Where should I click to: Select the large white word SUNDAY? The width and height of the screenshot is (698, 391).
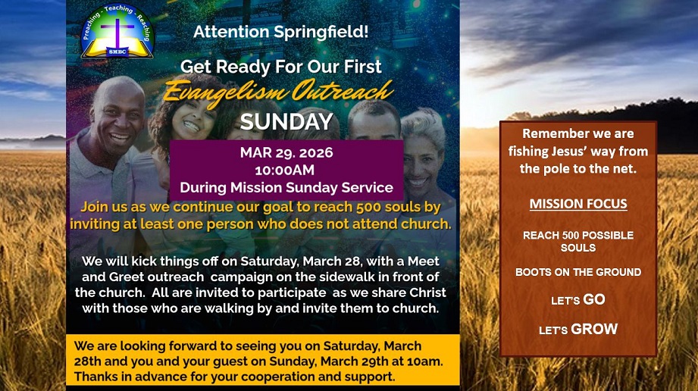point(286,121)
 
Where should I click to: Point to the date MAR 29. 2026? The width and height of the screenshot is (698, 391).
point(286,153)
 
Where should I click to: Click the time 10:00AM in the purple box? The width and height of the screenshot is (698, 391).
point(286,170)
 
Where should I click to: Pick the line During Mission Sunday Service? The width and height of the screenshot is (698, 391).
point(286,187)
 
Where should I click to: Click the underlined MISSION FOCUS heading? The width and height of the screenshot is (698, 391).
point(577,204)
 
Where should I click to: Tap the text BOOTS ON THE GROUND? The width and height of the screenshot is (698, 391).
point(577,272)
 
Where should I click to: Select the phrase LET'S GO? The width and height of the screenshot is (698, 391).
point(577,300)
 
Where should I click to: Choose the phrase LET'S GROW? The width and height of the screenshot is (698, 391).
point(577,330)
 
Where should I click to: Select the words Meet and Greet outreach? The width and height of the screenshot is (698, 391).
point(152,276)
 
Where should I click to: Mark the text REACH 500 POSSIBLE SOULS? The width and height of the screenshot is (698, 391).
point(577,241)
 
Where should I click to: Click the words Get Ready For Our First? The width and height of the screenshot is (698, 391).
point(280,66)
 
